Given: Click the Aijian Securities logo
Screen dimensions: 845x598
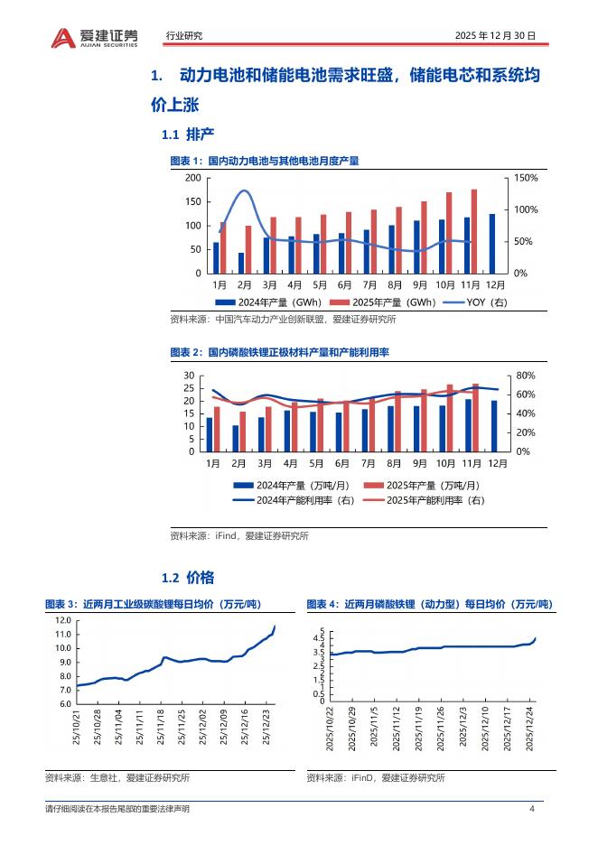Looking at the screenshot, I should [x=94, y=36].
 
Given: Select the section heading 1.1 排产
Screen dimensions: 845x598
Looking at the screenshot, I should [x=187, y=135].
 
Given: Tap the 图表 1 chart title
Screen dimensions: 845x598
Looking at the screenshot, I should [x=265, y=161].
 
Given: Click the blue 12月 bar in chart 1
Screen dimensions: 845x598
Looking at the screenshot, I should [x=492, y=243].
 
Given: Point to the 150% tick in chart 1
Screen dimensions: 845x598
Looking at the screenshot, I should [x=526, y=178].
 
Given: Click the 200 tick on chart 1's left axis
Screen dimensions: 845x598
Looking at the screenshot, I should [x=192, y=178].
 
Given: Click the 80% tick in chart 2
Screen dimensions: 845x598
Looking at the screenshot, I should [x=526, y=376].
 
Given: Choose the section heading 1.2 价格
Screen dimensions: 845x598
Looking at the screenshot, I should [x=187, y=577].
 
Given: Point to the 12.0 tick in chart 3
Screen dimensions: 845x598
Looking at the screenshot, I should [x=62, y=621].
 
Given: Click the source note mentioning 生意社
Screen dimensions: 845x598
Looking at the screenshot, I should [x=117, y=778].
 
